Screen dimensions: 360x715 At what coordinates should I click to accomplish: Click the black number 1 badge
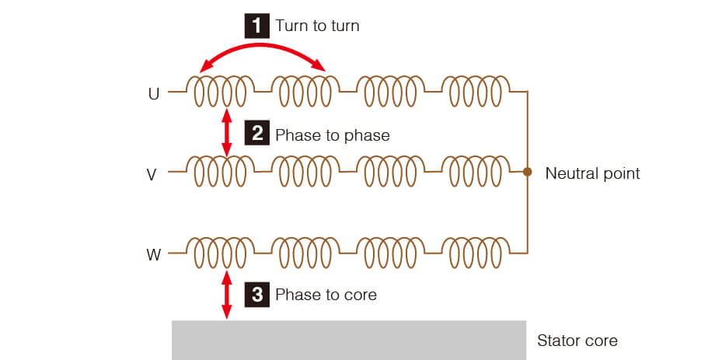[256, 26]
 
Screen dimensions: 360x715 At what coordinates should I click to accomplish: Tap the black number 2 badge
[256, 135]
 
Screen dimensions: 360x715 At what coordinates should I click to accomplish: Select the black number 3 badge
[256, 294]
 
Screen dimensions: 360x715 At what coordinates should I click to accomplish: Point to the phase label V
[152, 174]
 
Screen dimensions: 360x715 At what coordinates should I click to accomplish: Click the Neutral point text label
[592, 173]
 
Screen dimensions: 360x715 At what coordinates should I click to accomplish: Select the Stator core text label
[577, 341]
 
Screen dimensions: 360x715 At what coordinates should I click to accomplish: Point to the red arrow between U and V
[227, 133]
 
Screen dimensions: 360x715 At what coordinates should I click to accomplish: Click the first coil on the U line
[220, 91]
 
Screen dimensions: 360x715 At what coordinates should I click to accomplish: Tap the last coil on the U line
[476, 91]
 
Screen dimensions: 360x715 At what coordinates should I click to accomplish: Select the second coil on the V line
[305, 171]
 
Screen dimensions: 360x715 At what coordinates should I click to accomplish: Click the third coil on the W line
[390, 251]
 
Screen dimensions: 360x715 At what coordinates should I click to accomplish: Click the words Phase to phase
[332, 135]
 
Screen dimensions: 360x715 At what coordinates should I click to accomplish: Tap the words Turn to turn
[317, 26]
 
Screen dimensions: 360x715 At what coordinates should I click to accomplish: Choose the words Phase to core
[326, 295]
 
